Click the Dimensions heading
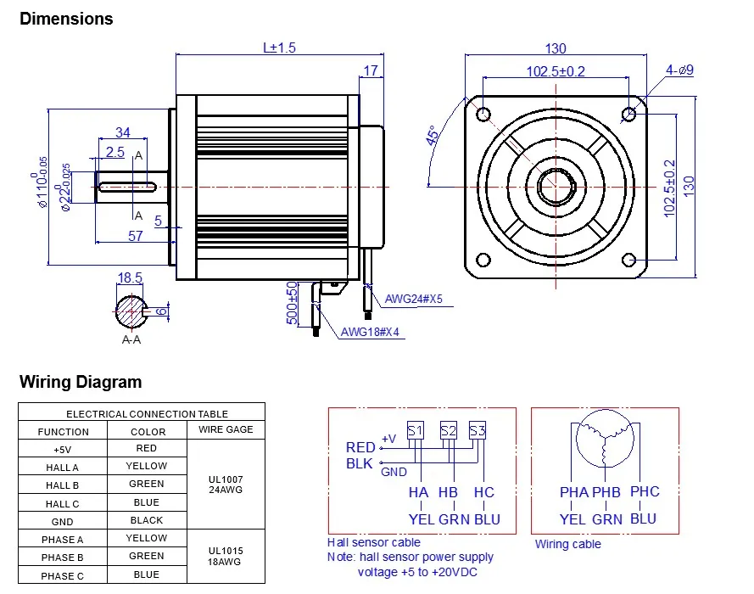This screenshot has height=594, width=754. pos(66,19)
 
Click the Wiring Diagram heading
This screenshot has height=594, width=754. pos(81,382)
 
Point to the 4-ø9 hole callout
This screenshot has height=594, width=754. pos(679,70)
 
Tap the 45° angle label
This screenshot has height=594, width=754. pos(433,137)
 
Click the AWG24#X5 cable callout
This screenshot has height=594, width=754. pos(414,299)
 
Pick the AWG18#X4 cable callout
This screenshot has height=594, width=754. pos(370,333)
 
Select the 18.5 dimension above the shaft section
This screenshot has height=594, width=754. pos(130,277)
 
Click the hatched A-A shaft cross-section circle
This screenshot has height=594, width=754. pos(131,311)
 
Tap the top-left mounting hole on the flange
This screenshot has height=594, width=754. pos(483,114)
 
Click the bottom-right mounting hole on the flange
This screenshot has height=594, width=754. pos(628,260)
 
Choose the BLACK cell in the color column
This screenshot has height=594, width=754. pos(147,520)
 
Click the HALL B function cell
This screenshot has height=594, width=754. pos(63,485)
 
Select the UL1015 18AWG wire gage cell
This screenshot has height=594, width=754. pos(226,556)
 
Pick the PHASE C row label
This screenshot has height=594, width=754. pos(63,575)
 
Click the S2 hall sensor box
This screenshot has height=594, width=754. pos(448,431)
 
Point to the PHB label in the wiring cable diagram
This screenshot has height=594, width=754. pos(606,492)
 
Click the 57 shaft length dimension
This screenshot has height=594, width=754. pos(136,236)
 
